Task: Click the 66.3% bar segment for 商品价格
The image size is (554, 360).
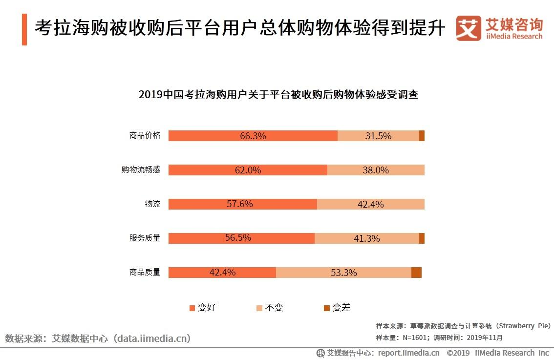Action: (x=253, y=136)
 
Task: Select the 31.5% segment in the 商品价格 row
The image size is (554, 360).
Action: (x=378, y=136)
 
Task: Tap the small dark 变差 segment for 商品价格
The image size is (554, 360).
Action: (x=422, y=136)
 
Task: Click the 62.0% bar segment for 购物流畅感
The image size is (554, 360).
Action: (x=248, y=170)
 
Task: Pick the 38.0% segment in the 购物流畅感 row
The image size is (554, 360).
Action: (x=376, y=170)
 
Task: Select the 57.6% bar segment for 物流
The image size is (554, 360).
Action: (x=242, y=204)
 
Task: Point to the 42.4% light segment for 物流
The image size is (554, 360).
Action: (x=370, y=204)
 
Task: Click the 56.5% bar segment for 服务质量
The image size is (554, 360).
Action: (x=241, y=238)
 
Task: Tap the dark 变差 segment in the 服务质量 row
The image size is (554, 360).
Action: (x=422, y=238)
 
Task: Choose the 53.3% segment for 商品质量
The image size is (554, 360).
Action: (x=343, y=273)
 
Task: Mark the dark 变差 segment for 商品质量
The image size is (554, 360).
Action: (x=416, y=273)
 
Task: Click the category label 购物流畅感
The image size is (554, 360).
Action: (x=141, y=170)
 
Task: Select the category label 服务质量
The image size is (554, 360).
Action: (x=145, y=238)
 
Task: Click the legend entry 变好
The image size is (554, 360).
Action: (x=202, y=308)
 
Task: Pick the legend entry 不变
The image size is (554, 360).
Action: (x=270, y=308)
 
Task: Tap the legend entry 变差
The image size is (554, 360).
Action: (x=337, y=308)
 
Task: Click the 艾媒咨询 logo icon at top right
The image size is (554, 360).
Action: (x=468, y=28)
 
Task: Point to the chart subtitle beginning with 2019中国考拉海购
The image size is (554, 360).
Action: (x=278, y=95)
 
